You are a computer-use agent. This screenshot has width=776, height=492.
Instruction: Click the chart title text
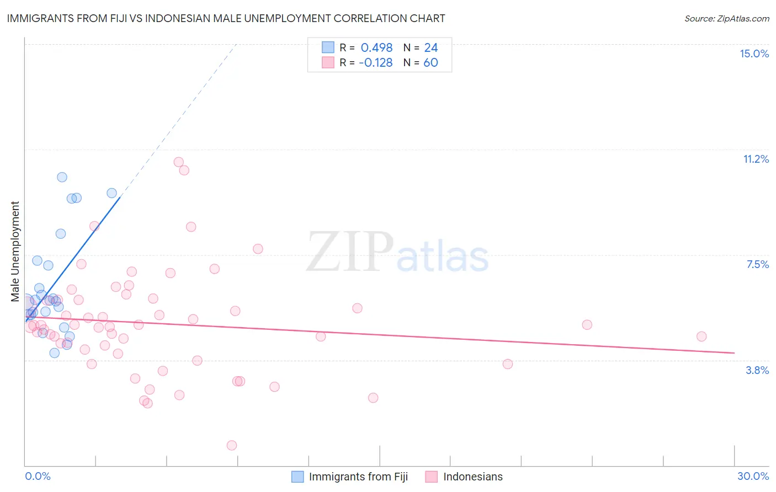pos(226,18)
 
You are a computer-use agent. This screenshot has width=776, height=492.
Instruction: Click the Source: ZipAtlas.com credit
pos(726,18)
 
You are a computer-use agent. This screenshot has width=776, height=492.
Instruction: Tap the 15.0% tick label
pos(754,54)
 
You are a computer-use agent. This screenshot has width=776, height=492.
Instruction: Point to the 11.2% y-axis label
pos(756,159)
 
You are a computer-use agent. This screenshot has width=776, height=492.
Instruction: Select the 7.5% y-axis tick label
pos(757,264)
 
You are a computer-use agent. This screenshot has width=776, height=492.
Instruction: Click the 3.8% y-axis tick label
pos(757,370)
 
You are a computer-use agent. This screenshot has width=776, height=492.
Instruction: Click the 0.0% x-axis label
pos(38,476)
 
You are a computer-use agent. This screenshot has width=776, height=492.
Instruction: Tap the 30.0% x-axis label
pos(753,476)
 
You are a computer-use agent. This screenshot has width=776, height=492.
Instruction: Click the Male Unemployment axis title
pos(15,252)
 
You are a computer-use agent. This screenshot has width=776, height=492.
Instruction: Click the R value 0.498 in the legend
pos(376,47)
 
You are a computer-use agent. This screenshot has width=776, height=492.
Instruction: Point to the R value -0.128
pos(375,62)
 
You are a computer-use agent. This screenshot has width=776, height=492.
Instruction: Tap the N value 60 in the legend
pos(430,62)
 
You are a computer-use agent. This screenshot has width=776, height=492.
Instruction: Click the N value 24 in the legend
pos(430,47)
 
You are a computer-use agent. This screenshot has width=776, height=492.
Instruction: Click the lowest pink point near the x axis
pos(232,445)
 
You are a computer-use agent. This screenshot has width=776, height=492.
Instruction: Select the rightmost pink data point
pos(701,336)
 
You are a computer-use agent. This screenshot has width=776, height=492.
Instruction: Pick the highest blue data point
pos(62,177)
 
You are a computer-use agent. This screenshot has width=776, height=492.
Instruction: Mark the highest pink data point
pos(178,162)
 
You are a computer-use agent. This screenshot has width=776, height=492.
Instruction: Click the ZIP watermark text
pos(350,252)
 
